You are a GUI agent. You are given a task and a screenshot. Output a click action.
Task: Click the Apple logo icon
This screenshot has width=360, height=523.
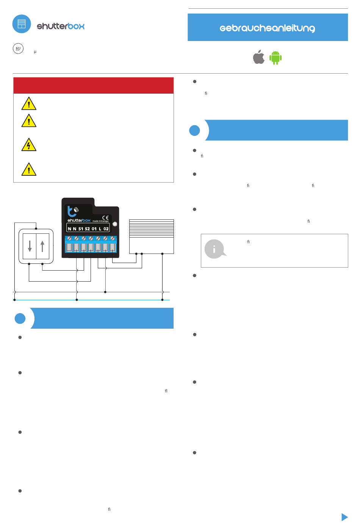[259, 57]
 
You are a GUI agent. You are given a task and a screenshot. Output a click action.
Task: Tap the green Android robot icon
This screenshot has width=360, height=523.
[275, 57]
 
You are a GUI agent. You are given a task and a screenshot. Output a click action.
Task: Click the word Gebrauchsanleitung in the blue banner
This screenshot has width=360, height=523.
[267, 28]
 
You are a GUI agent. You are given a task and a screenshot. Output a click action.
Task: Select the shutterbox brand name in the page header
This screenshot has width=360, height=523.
[61, 26]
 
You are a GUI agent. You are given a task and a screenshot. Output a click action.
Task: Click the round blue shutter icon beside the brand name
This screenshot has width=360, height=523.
[22, 24]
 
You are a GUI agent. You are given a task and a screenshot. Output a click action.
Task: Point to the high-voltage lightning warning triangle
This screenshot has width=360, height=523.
[29, 145]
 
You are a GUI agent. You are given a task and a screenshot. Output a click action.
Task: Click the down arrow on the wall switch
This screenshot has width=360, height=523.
[30, 246]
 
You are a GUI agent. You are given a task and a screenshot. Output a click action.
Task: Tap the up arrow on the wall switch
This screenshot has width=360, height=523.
[42, 246]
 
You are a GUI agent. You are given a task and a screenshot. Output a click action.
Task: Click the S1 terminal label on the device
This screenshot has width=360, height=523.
[81, 229]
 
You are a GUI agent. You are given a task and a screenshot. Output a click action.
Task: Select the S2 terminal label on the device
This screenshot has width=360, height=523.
[88, 229]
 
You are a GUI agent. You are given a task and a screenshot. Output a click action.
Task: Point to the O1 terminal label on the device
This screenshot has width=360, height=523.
[94, 229]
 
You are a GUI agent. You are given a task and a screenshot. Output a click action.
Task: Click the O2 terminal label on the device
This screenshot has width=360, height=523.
[106, 229]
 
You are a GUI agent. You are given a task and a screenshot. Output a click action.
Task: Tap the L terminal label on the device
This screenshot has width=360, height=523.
[100, 229]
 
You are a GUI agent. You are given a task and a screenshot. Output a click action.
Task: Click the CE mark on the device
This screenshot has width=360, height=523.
[105, 217]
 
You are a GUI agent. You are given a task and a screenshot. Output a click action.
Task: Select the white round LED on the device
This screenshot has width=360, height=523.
[115, 224]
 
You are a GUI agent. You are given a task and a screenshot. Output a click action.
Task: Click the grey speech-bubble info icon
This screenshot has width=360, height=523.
[215, 249]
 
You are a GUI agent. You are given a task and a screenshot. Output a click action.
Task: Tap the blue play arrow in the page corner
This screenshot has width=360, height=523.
[344, 517]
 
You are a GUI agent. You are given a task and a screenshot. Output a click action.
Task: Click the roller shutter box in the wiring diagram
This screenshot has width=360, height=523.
[152, 236]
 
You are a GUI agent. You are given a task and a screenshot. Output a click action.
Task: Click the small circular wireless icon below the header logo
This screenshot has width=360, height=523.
[18, 49]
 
